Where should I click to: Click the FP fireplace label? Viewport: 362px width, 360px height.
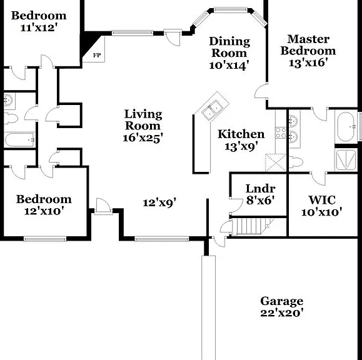pyautogui.click(x=97, y=55)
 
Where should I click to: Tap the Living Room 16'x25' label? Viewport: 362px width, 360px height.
pyautogui.click(x=143, y=126)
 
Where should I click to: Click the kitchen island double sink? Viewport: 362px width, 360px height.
pyautogui.click(x=212, y=110)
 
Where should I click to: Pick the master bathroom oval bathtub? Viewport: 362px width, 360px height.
pyautogui.click(x=345, y=127)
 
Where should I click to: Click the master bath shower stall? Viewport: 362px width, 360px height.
pyautogui.click(x=346, y=160)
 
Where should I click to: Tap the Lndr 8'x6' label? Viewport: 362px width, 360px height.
pyautogui.click(x=260, y=194)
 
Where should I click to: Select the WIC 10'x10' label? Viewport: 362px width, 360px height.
pyautogui.click(x=321, y=206)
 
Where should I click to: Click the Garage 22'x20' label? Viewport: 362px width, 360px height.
pyautogui.click(x=281, y=307)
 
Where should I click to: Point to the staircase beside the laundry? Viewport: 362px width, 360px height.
pyautogui.click(x=252, y=226)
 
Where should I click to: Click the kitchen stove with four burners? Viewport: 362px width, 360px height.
pyautogui.click(x=281, y=132)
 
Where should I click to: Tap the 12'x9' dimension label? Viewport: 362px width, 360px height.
pyautogui.click(x=159, y=203)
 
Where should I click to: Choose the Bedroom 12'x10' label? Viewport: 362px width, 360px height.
pyautogui.click(x=44, y=205)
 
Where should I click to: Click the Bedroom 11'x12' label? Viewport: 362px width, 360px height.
pyautogui.click(x=39, y=21)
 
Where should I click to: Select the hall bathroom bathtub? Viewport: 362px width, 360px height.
pyautogui.click(x=19, y=139)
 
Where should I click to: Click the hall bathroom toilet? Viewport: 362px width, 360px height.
pyautogui.click(x=11, y=118)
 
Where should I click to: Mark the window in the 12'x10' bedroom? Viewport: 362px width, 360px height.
pyautogui.click(x=45, y=239)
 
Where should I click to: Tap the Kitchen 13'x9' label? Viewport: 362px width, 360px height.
pyautogui.click(x=241, y=140)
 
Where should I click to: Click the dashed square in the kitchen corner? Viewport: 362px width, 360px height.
pyautogui.click(x=276, y=162)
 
